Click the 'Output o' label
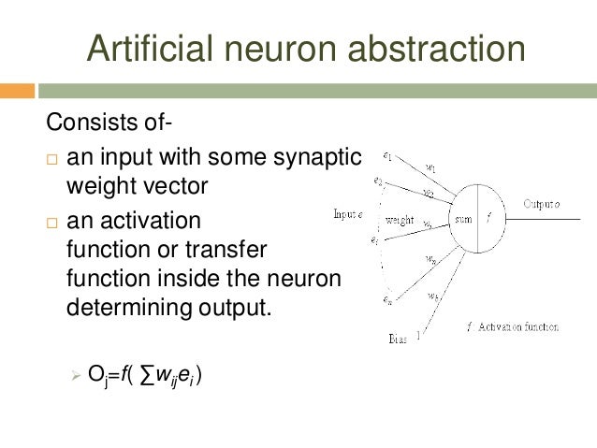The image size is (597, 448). tap(542, 203)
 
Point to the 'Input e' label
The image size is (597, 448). tap(348, 215)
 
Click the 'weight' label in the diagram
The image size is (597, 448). tap(400, 221)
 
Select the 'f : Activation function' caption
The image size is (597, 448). tap(512, 327)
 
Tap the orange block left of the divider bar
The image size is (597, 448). tap(17, 91)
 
